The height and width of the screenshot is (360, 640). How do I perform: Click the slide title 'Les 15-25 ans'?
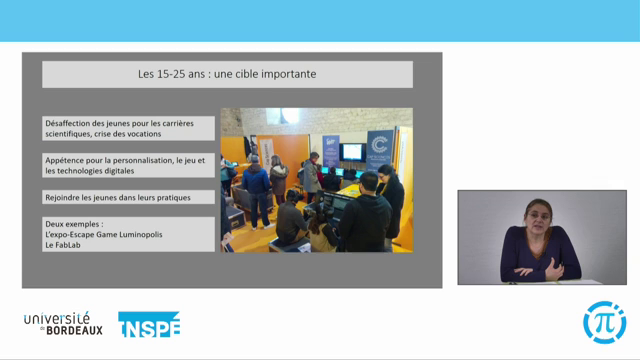tap(170, 74)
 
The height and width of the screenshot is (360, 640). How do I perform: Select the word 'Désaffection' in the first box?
tap(67, 123)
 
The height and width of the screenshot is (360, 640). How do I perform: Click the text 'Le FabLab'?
tap(63, 243)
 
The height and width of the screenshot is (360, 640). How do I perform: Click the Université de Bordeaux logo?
tap(63, 322)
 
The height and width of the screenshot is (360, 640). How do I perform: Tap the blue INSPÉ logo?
tap(149, 324)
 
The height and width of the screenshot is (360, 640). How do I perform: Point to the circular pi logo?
tap(604, 322)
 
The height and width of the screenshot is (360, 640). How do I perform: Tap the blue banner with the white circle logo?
tap(379, 151)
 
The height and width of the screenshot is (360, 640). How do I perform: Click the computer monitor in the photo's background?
tap(351, 152)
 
